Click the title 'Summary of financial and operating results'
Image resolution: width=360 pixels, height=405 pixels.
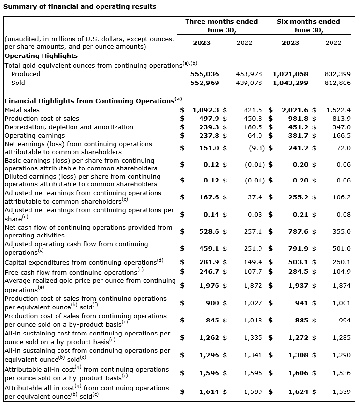80,6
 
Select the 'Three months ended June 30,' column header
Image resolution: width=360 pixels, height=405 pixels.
221,25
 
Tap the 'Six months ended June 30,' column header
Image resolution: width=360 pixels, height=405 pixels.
308,25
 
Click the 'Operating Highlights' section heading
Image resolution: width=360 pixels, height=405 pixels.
41,56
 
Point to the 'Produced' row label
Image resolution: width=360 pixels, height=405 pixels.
26,74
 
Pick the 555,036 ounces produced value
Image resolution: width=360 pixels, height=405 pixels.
203,74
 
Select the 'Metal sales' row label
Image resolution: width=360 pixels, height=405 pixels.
22,110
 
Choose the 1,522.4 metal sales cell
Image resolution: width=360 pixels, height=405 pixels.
338,110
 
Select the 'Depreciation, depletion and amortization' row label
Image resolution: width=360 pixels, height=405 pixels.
69,127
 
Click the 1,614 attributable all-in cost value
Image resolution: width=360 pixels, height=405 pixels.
209,391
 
